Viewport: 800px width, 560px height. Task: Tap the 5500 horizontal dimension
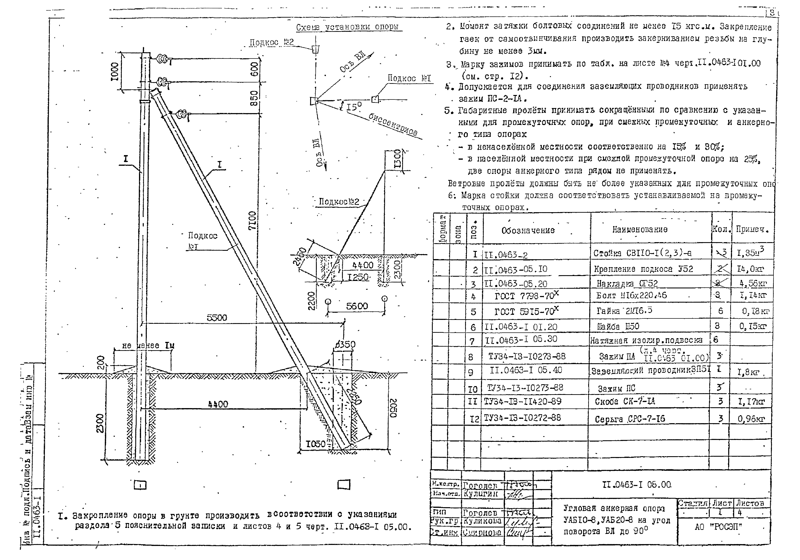coord(217,318)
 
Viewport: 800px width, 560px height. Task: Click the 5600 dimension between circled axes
coord(357,306)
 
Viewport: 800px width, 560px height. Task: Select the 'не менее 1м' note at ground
coord(148,346)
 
